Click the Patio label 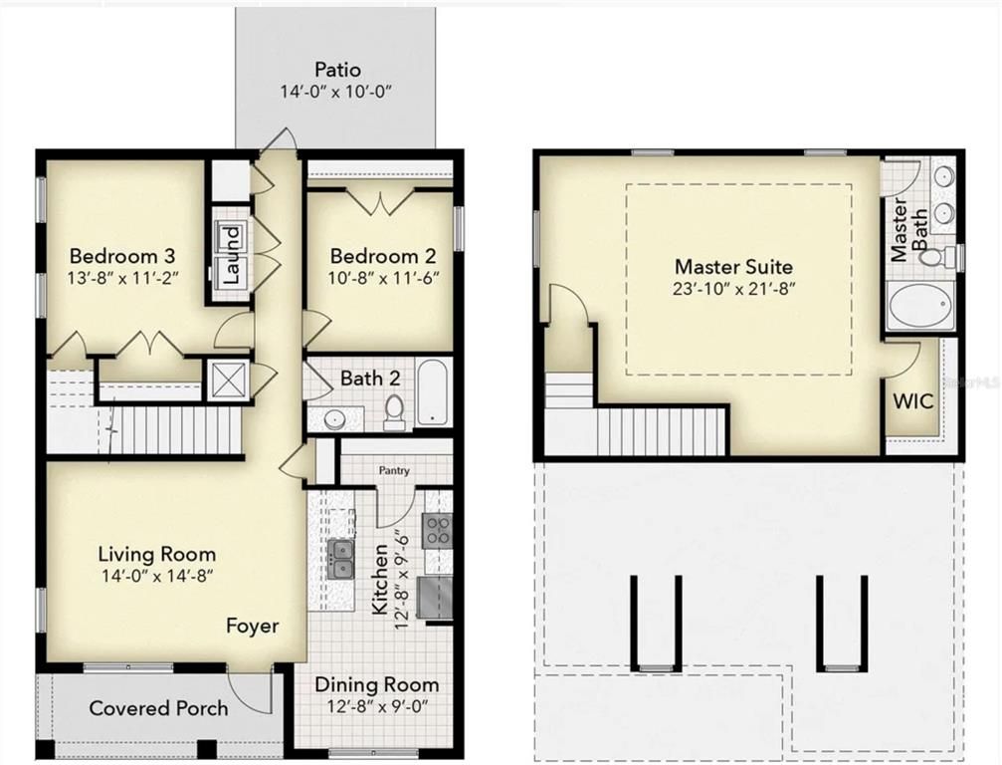point(337,70)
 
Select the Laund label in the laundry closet point(230,253)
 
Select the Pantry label point(392,470)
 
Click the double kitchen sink point(340,558)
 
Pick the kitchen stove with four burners point(438,530)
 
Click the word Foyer point(252,627)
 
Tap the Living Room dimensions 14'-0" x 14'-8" point(156,575)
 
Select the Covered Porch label point(158,708)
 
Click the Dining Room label point(376,684)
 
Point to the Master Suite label point(733,266)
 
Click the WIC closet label point(911,402)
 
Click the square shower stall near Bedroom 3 point(225,380)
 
